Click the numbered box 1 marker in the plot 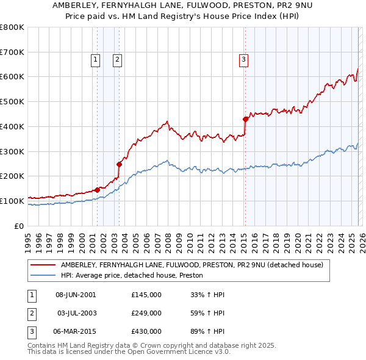(x=96, y=59)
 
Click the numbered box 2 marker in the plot (x=117, y=59)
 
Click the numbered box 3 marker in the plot (x=243, y=59)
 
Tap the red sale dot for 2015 (x=245, y=119)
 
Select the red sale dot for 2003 (x=120, y=164)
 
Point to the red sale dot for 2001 (x=97, y=189)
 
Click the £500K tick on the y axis (x=12, y=101)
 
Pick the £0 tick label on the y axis (x=19, y=226)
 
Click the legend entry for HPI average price (x=135, y=276)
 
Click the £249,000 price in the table (x=146, y=313)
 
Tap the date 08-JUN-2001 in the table (x=76, y=295)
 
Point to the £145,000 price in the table (x=146, y=295)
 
